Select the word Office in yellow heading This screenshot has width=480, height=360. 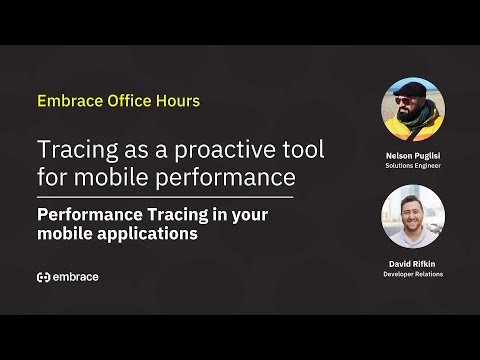pos(128,101)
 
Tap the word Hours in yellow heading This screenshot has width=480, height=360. pos(178,101)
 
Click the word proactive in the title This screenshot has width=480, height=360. pos(187,152)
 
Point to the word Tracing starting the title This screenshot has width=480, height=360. pos(71,152)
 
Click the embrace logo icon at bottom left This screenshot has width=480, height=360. pos(43,277)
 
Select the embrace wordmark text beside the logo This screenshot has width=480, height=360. pos(76,277)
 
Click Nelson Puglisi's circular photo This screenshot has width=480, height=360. pos(413,110)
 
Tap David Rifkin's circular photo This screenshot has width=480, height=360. pos(413,216)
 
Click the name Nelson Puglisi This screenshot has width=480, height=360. pos(413,156)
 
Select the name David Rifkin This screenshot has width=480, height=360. pos(413,263)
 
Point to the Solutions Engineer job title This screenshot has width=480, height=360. pos(413,166)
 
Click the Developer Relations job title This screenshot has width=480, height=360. pos(413,273)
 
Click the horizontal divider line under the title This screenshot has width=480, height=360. pos(165,197)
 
